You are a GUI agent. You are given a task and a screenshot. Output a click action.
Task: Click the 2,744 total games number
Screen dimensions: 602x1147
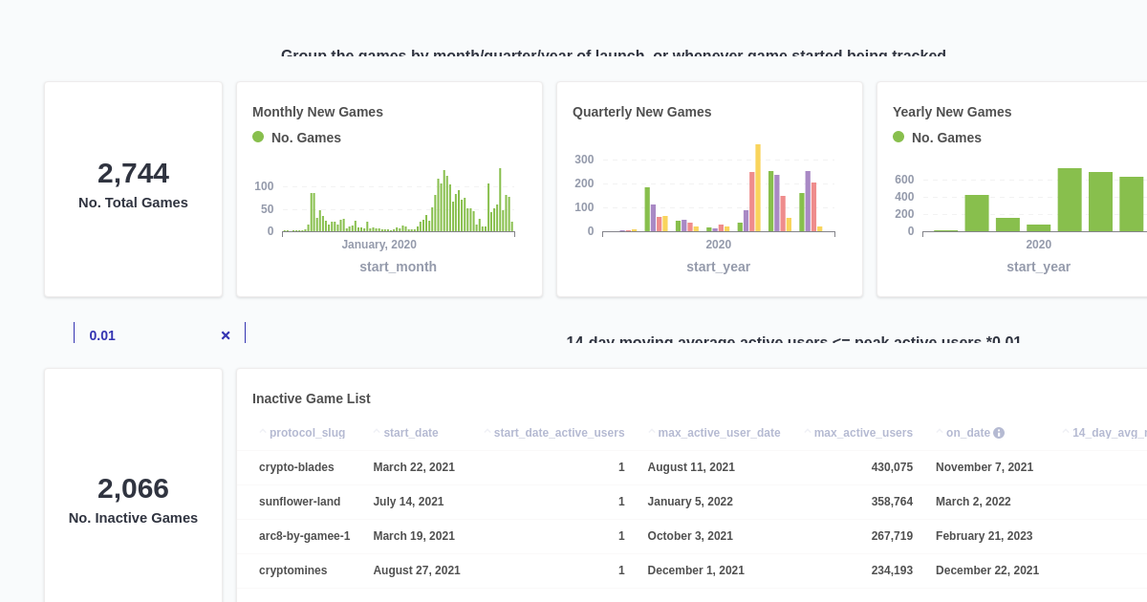133,173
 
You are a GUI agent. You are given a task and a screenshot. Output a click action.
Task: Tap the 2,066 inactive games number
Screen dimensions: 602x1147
133,488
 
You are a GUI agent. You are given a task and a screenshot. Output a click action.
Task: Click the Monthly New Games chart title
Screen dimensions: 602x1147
317,112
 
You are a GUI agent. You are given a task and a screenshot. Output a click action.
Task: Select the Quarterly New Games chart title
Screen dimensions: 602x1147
641,112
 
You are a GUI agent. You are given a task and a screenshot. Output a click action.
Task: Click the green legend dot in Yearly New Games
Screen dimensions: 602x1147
898,137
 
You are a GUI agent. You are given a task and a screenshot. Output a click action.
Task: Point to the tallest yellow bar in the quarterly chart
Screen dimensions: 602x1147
758,187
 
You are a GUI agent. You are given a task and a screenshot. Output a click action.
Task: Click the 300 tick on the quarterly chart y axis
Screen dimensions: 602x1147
584,160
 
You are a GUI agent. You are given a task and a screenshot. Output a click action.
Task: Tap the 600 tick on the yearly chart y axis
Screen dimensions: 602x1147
904,180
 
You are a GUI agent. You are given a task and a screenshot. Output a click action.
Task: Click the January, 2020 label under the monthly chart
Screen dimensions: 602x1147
379,245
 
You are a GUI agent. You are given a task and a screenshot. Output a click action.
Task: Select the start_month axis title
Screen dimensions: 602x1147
398,267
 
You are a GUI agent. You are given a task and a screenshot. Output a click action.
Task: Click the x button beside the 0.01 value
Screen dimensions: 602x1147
226,335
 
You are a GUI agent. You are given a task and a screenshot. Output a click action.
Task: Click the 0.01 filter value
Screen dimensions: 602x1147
102,335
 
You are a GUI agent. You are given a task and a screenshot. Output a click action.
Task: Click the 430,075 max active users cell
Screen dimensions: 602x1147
892,467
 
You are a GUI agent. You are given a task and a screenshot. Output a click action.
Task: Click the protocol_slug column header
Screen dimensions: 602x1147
307,433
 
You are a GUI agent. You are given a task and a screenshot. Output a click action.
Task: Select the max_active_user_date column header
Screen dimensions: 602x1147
719,433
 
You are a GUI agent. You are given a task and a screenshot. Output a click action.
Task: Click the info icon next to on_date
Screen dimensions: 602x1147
999,433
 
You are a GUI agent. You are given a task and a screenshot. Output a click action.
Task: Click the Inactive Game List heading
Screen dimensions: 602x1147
311,398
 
